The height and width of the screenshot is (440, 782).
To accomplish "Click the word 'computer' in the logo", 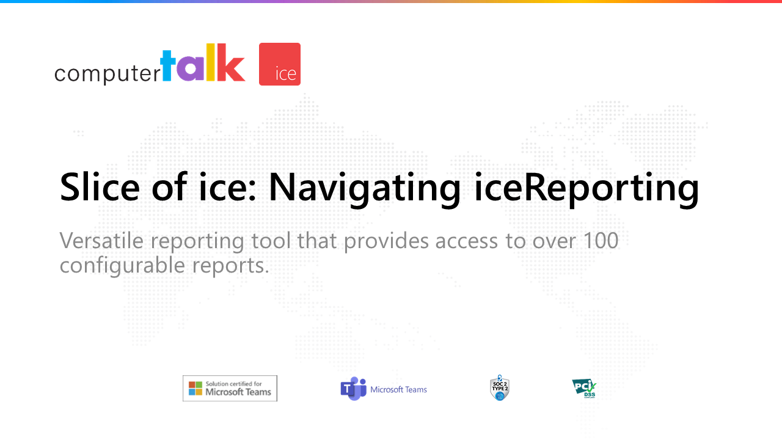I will [107, 73].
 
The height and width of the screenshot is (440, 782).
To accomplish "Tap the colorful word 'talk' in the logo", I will [202, 64].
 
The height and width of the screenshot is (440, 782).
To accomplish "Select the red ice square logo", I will [280, 64].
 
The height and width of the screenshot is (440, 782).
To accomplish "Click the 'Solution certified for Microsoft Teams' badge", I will [230, 388].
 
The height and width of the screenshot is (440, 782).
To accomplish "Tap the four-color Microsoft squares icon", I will [195, 388].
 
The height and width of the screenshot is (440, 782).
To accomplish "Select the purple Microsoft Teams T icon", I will [353, 389].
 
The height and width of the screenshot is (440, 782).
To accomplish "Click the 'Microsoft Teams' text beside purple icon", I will [398, 389].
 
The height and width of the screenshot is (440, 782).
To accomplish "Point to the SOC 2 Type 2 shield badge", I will [499, 389].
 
